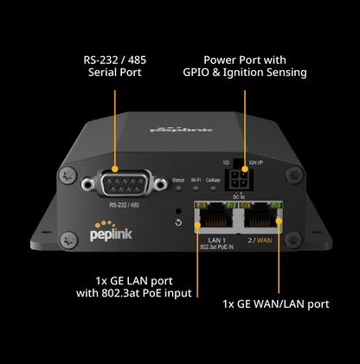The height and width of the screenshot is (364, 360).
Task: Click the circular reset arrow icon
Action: [178, 223]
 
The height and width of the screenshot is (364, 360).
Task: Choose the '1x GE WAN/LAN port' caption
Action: [275, 304]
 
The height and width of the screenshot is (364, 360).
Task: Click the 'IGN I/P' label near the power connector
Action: [256, 162]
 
